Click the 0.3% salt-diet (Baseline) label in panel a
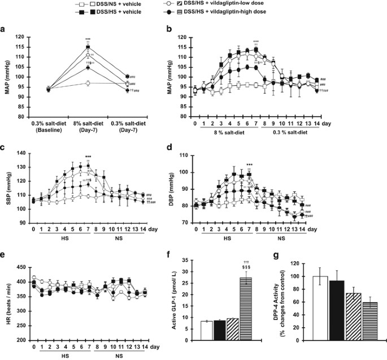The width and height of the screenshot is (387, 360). tap(47, 127)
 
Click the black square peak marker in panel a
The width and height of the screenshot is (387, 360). tap(88, 47)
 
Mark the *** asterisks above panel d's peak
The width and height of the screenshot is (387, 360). tap(249, 165)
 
